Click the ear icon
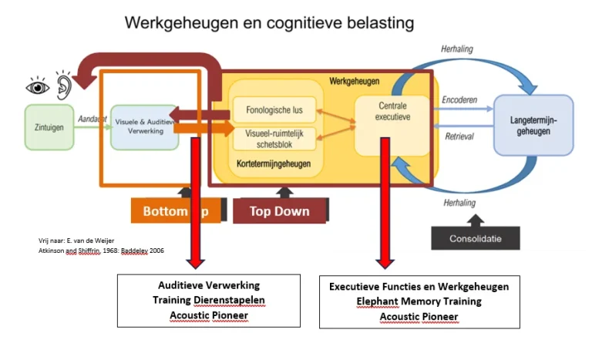62,83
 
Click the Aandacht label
92,118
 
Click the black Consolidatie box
476,238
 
